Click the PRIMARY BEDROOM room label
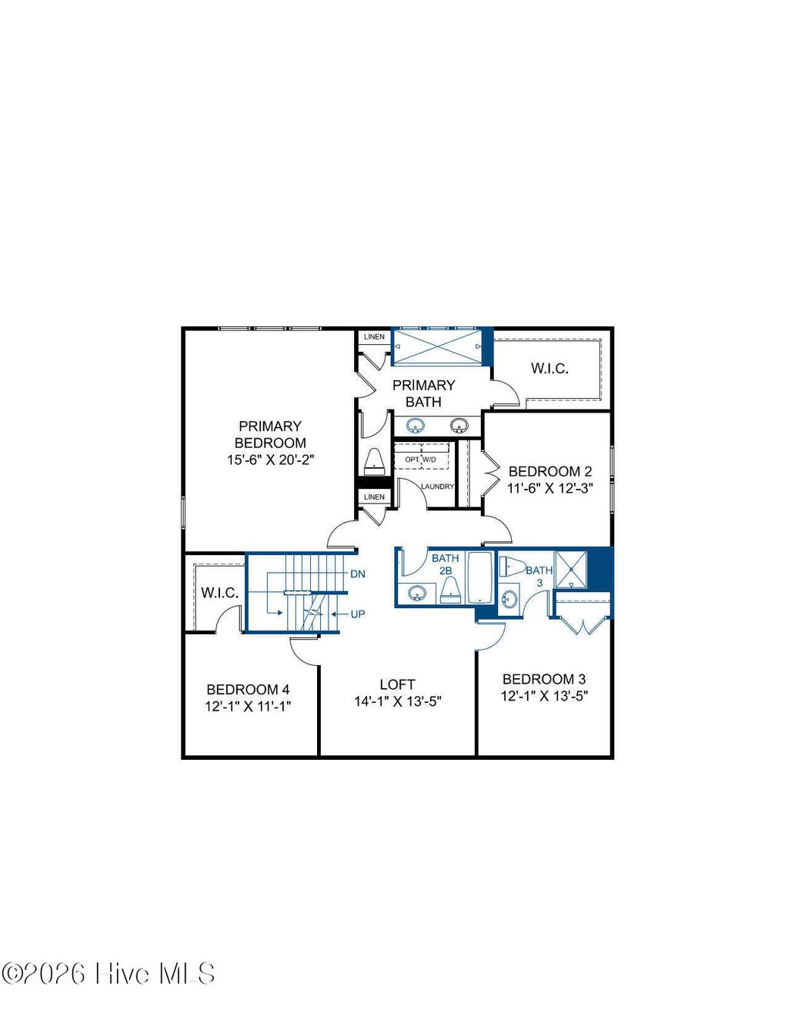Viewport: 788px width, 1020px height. (270, 434)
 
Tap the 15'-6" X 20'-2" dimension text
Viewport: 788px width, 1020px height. (270, 460)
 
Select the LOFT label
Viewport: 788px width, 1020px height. (397, 684)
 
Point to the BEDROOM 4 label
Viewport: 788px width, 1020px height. (248, 690)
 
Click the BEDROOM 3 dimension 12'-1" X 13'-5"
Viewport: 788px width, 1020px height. (544, 697)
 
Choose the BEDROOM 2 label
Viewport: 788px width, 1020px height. (549, 471)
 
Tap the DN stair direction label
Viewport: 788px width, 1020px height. (358, 574)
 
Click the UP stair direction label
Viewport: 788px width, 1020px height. (358, 614)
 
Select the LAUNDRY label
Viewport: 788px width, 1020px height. (437, 487)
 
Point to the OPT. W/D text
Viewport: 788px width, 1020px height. (420, 460)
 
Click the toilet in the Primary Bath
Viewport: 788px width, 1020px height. (374, 460)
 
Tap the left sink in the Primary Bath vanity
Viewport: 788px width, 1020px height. (416, 425)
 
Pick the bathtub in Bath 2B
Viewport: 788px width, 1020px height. (479, 577)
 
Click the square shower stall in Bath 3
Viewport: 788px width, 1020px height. (571, 569)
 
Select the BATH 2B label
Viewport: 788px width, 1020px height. (445, 564)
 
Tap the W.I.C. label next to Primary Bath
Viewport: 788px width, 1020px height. (549, 369)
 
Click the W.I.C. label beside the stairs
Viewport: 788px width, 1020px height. (219, 593)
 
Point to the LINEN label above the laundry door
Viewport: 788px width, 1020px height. (374, 497)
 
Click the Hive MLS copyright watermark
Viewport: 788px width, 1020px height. (109, 974)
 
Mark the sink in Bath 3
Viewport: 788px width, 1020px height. (509, 598)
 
